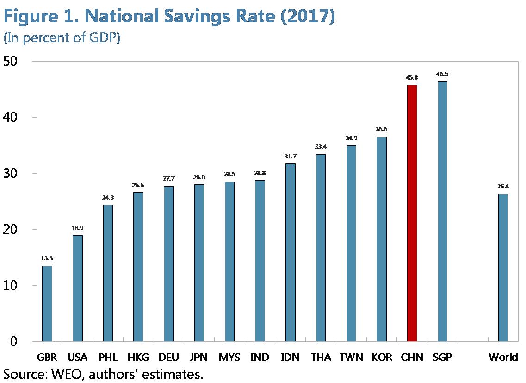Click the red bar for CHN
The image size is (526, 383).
coord(412,213)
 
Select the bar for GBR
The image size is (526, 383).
coord(47,304)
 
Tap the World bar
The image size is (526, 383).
coord(503,267)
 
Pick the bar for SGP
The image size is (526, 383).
coord(442,211)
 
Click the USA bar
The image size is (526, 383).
coord(78,288)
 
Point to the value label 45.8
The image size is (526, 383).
coord(412,78)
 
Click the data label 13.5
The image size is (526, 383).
coord(47,258)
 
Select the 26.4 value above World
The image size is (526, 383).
coord(503,187)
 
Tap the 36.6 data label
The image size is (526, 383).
coord(381,129)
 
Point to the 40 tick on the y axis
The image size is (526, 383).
coord(11,117)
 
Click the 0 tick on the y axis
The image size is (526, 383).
coord(14,341)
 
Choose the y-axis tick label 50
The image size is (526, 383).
coord(11,62)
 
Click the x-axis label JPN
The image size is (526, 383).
coord(199,357)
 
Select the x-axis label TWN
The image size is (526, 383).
coord(351,357)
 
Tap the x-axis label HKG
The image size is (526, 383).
coord(138,357)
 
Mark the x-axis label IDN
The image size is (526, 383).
coord(290,357)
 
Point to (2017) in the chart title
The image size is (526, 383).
coord(307,17)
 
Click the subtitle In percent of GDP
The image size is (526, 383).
coord(62,38)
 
